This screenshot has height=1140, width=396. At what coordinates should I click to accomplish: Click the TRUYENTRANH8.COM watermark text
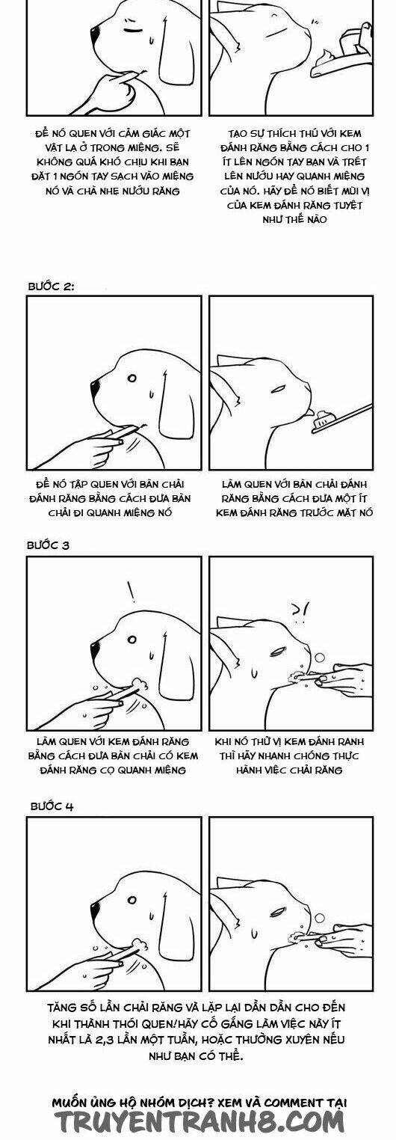198,1122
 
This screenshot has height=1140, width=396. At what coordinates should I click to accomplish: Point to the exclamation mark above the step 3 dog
132,592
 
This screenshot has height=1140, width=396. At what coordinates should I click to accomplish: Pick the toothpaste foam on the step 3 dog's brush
138,683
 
